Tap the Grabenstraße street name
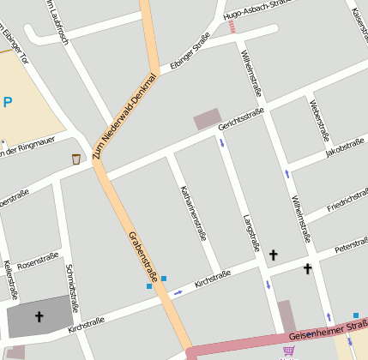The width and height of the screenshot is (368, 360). coord(143,255)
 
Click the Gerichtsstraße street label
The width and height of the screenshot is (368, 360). coord(241,119)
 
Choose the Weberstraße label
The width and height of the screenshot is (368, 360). coord(319,119)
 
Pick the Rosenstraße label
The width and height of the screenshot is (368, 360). coord(37,261)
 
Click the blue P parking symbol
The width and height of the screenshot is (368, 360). coord(8,102)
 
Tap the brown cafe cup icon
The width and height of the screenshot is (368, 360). coord(76,159)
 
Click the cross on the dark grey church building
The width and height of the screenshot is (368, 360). coord(39,317)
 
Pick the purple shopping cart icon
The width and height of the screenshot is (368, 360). coord(288,351)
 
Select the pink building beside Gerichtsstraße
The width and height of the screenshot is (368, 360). coord(207,120)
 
